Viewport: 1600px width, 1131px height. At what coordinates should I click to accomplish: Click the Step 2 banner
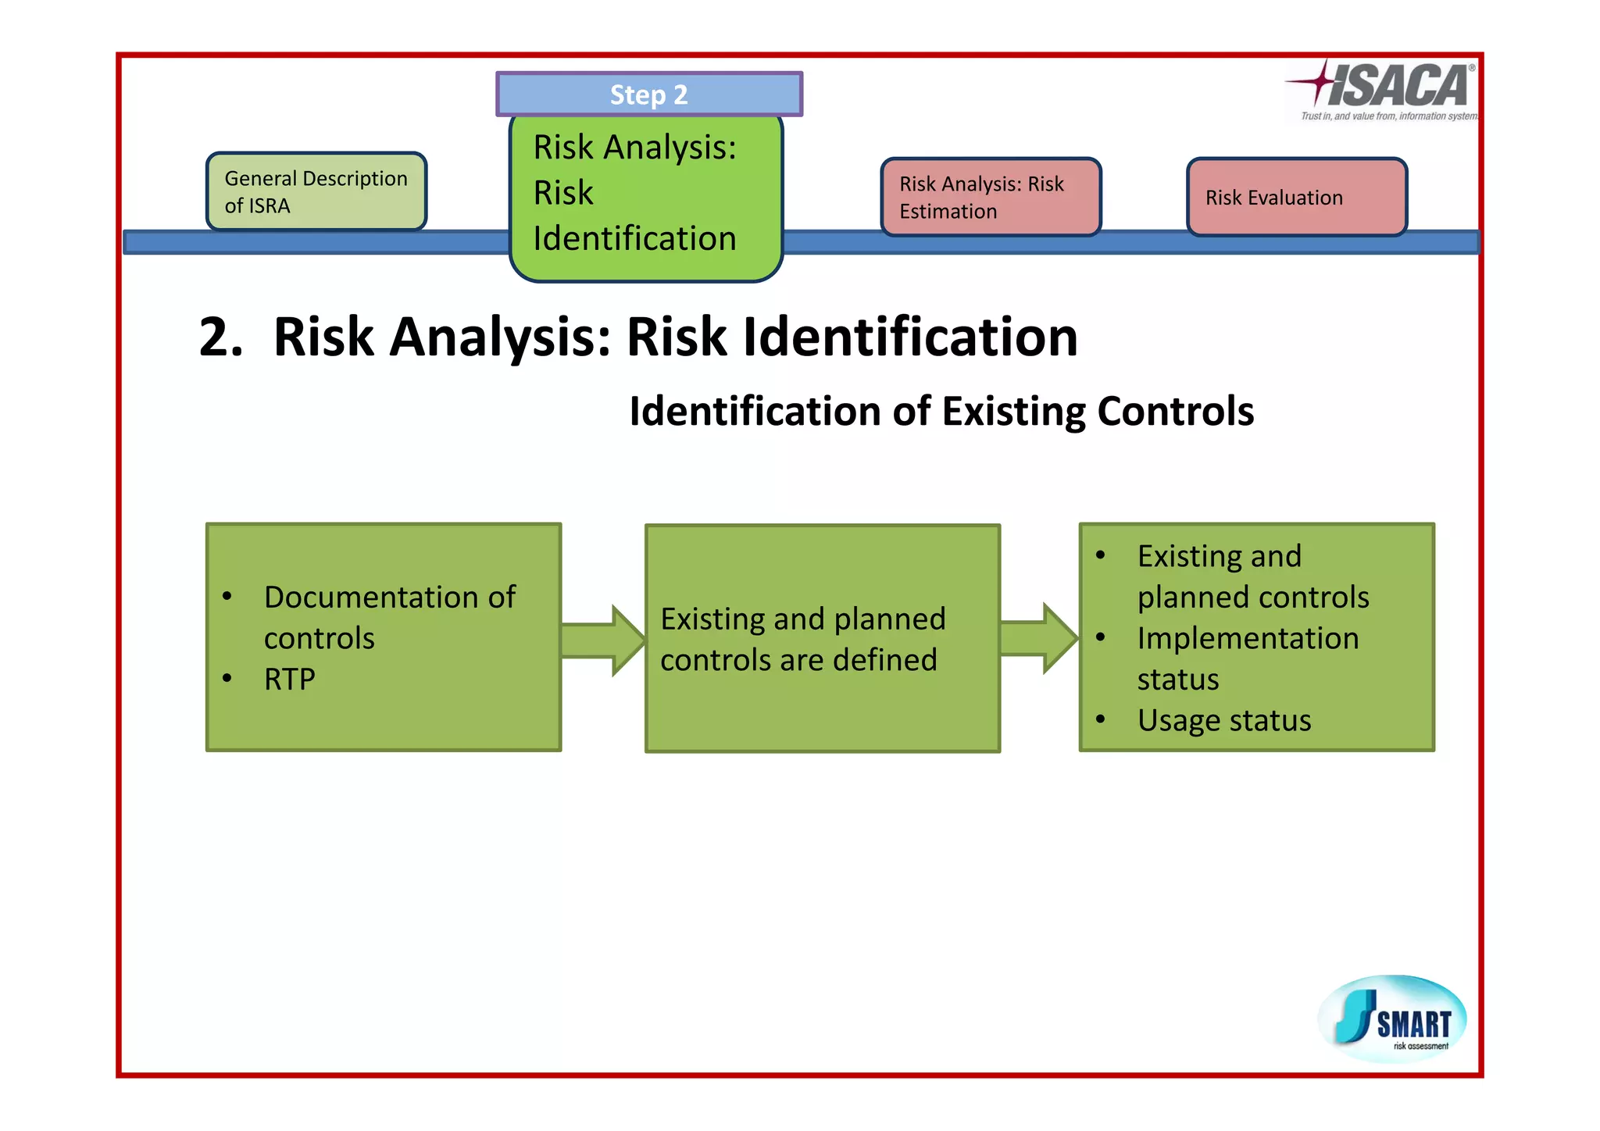(x=648, y=95)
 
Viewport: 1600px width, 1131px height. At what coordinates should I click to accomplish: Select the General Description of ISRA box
(x=316, y=192)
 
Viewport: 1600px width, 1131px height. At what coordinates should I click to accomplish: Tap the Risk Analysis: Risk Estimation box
(x=991, y=198)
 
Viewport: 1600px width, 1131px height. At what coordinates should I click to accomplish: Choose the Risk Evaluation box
(x=1296, y=198)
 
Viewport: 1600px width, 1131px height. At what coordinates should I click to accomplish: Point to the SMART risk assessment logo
(x=1392, y=1019)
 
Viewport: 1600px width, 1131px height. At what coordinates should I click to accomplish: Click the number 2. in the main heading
(x=221, y=338)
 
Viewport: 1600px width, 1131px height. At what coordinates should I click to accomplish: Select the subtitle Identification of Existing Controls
(x=941, y=412)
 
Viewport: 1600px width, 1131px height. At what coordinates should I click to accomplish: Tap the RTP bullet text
(x=290, y=680)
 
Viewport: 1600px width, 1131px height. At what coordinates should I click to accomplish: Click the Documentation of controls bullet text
(x=389, y=618)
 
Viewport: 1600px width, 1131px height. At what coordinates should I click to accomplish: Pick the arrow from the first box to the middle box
(x=602, y=640)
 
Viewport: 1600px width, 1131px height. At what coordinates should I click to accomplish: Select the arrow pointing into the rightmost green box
(x=1038, y=638)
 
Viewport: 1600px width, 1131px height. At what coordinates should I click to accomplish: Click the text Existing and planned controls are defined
(x=802, y=639)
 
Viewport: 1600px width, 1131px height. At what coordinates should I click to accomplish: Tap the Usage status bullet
(x=1223, y=720)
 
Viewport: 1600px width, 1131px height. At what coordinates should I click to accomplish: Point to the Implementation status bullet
(x=1247, y=658)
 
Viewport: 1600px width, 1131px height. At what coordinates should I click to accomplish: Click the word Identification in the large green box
(x=634, y=239)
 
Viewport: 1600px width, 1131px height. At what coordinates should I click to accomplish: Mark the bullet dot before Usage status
(x=1100, y=719)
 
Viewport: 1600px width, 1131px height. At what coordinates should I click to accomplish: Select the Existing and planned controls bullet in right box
(x=1252, y=576)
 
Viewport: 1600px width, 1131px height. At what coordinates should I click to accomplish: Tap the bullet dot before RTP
(x=227, y=678)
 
